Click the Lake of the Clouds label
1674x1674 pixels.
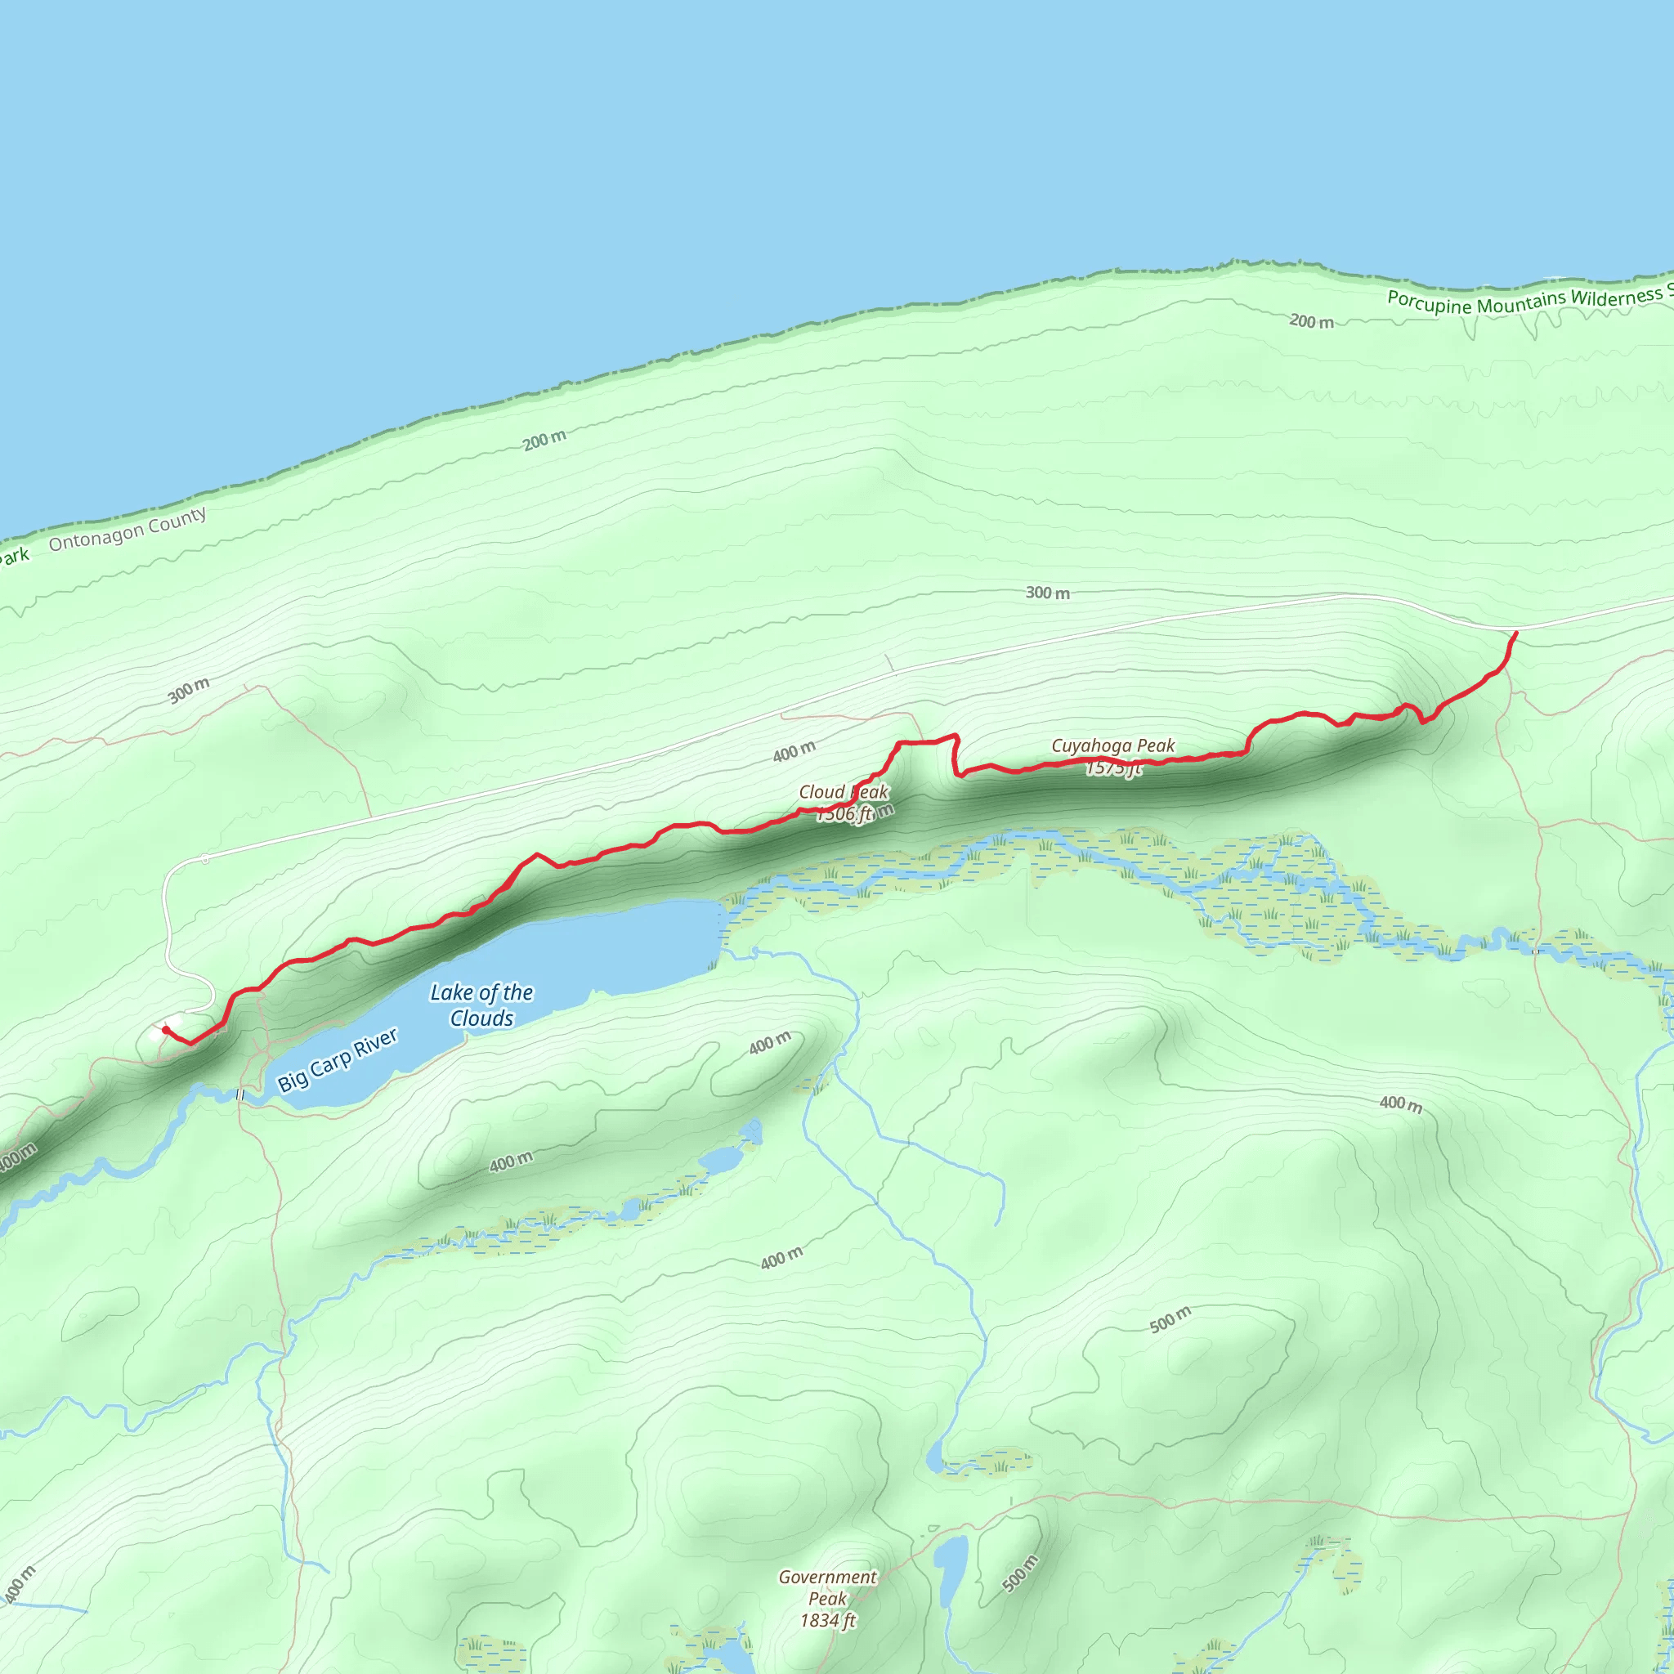(x=481, y=1005)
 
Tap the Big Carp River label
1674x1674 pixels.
(x=337, y=1059)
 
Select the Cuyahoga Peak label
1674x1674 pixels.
(x=1112, y=746)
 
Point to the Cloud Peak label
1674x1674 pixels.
(x=843, y=793)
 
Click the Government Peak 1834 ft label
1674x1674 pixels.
(x=827, y=1599)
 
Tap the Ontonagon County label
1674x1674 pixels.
(x=128, y=530)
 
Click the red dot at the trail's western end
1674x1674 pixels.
(x=165, y=1029)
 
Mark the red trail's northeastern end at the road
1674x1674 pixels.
(x=1515, y=633)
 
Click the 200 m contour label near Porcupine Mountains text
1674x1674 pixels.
(x=1311, y=321)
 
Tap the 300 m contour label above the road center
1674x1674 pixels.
(x=1048, y=593)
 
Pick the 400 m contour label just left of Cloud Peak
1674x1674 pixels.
(x=794, y=751)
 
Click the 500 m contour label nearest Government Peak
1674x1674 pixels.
(x=1020, y=1573)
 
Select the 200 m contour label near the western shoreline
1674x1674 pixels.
(x=544, y=441)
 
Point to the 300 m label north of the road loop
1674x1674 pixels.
(x=189, y=691)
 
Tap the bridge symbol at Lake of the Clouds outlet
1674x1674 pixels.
(x=240, y=1095)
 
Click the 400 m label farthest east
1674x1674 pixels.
(x=1400, y=1103)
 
